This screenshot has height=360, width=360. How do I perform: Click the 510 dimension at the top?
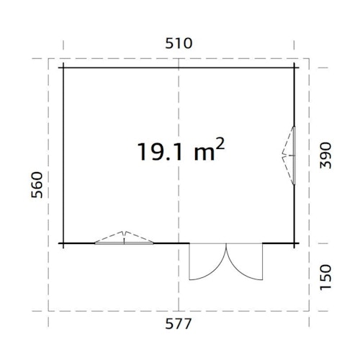[179, 42]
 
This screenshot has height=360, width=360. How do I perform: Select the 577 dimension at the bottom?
[179, 323]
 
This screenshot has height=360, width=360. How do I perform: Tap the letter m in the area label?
[202, 153]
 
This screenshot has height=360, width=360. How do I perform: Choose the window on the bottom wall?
[125, 240]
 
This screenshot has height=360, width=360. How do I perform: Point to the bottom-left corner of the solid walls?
[63, 243]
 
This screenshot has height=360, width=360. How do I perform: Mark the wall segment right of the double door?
[281, 243]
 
